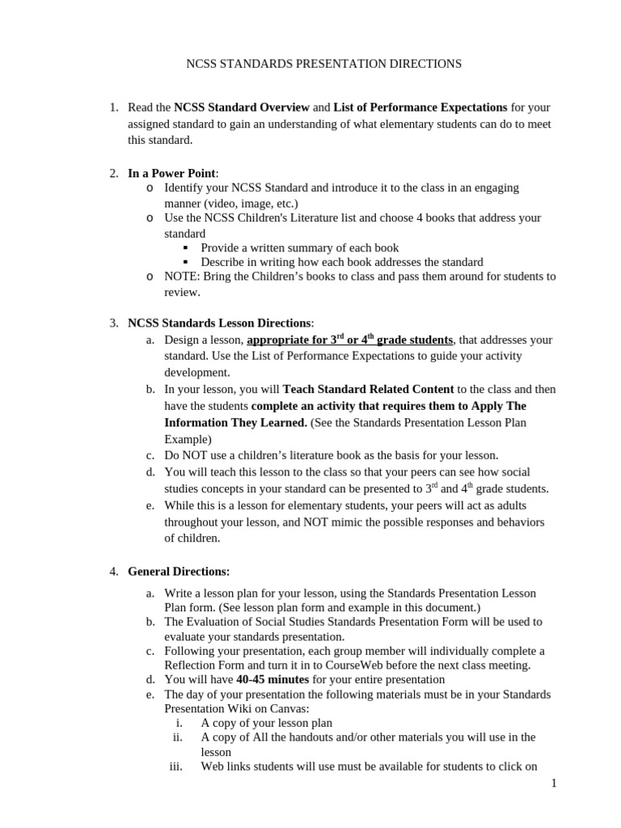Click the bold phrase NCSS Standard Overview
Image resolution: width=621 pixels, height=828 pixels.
(242, 108)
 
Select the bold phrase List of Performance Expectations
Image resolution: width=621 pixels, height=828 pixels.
(420, 108)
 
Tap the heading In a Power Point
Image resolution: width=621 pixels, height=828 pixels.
(171, 173)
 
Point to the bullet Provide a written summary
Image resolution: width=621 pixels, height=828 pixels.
(299, 247)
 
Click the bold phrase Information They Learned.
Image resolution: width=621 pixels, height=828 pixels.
(235, 422)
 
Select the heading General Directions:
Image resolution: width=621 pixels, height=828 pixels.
(179, 572)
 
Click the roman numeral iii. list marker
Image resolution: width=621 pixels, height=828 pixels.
(177, 767)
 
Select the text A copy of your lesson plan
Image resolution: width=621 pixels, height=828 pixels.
(266, 723)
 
